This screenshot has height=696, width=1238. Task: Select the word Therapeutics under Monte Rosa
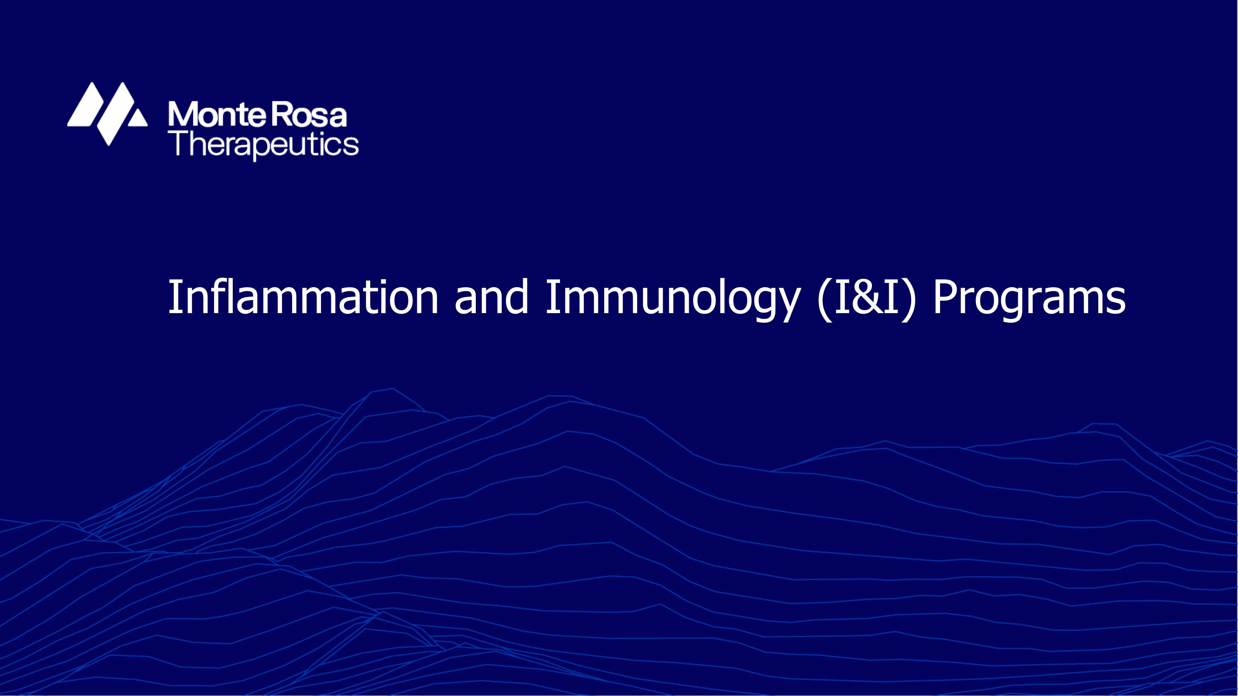[266, 144]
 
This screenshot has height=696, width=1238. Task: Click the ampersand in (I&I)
[867, 298]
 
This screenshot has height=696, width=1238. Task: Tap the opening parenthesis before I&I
[825, 299]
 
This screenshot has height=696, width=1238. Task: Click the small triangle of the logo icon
[137, 118]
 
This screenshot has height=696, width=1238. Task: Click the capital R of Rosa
[283, 115]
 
